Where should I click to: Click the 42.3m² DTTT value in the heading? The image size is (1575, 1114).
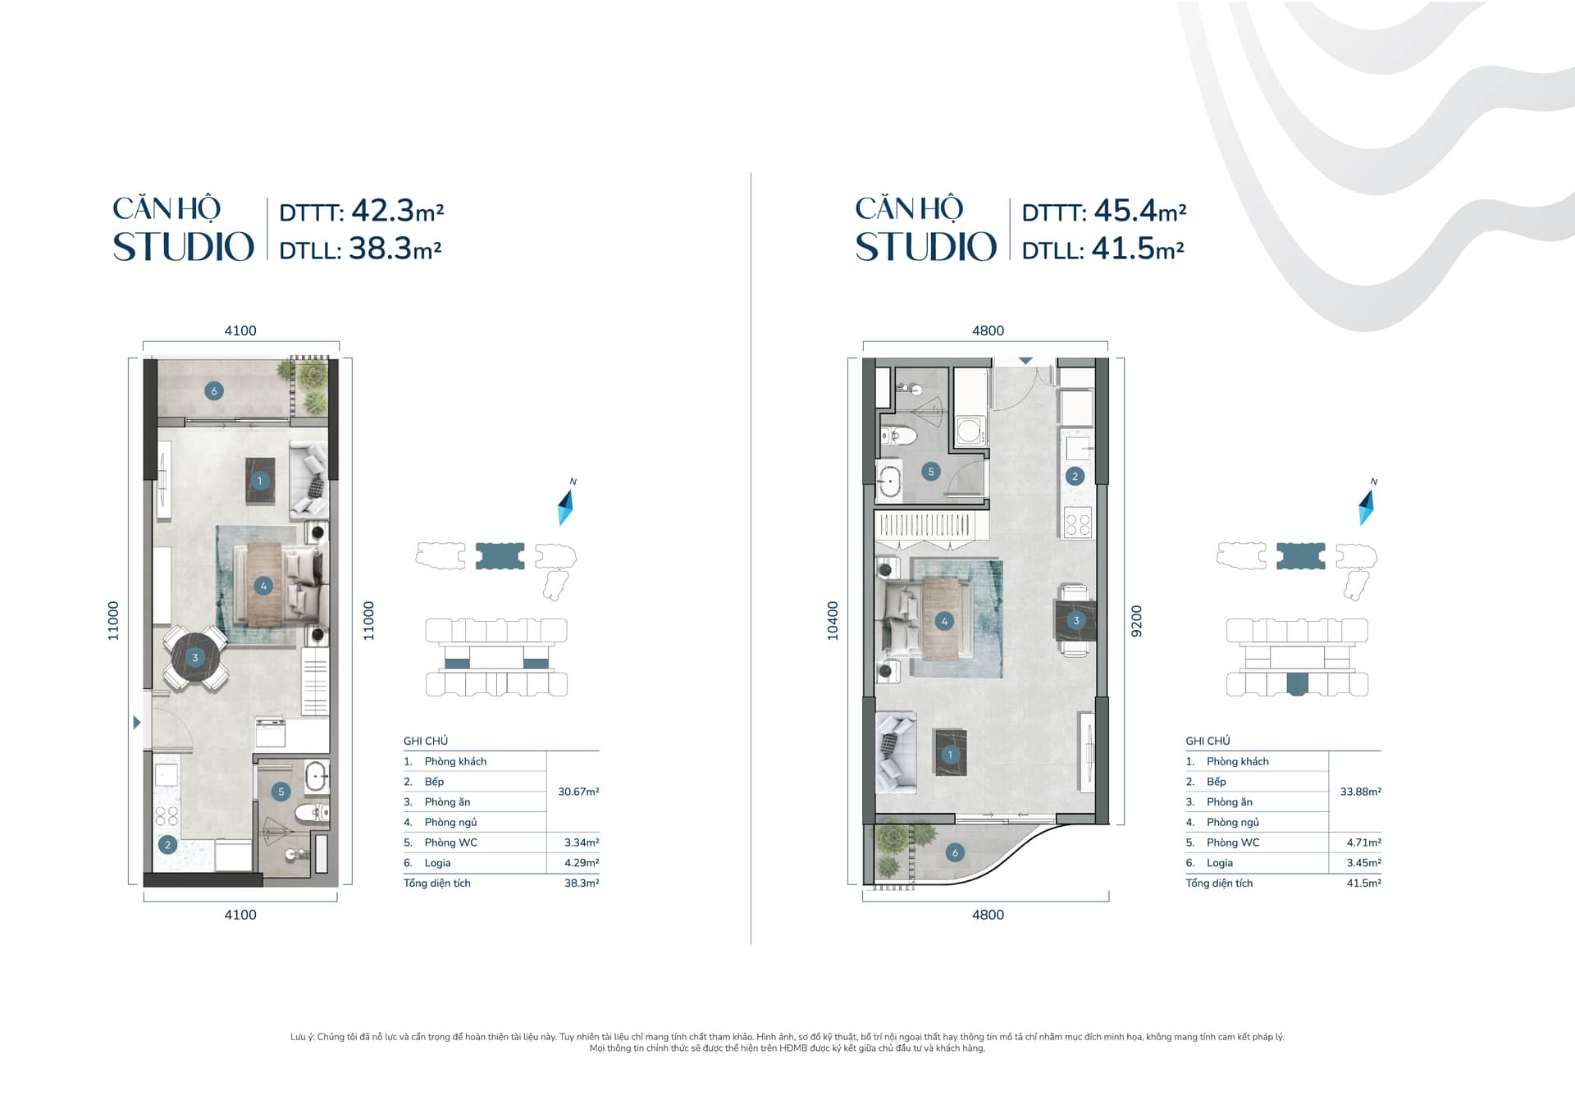pos(398,211)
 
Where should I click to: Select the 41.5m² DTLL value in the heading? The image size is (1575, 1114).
pos(1138,249)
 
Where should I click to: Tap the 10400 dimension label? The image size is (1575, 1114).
pos(833,621)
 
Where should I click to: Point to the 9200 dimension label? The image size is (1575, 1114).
pos(1136,621)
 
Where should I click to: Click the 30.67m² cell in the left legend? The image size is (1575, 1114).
pos(578,792)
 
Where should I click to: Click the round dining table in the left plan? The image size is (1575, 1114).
pos(195,658)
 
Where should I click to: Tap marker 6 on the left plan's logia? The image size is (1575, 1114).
pos(214,391)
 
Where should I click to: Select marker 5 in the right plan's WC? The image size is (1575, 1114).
pos(930,472)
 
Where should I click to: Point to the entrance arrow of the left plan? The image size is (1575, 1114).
pos(137,723)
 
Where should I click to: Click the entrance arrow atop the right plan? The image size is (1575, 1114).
pos(1025,361)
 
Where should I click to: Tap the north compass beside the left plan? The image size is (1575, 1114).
pos(565,506)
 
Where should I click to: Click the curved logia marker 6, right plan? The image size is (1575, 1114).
pos(955,853)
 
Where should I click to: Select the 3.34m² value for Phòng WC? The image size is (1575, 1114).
pos(582,842)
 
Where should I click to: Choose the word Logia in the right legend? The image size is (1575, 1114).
pos(1220,863)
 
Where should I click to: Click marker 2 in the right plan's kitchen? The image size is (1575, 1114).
pos(1075,476)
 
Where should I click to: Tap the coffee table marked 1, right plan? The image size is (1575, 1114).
pos(950,753)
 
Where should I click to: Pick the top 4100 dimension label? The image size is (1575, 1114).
pos(240,331)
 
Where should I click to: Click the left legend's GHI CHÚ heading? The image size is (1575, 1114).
pos(426,741)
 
